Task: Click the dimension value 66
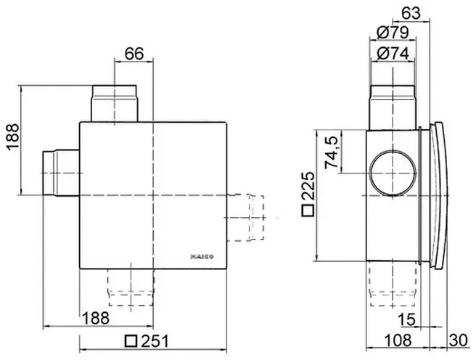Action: tap(134, 54)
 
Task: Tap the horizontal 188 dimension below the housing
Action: tap(96, 318)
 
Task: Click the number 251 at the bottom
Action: tap(155, 341)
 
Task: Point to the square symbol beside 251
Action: tap(131, 341)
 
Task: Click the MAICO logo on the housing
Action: tap(202, 257)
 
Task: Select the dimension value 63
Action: tap(411, 13)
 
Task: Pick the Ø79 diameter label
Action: tap(393, 33)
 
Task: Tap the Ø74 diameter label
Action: tap(393, 54)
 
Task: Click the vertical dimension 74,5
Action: tap(332, 152)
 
